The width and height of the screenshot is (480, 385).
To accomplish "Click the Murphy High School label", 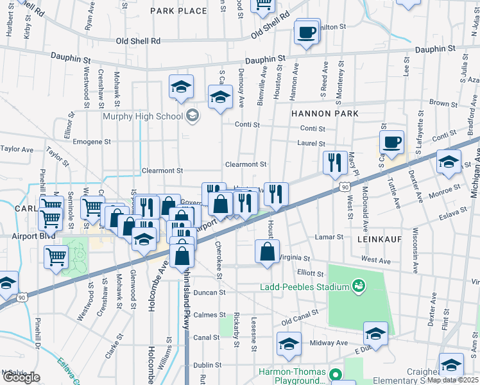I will (x=142, y=116).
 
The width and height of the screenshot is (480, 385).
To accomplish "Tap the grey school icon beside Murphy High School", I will (x=192, y=116).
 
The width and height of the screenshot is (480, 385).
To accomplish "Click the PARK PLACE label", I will (x=178, y=11).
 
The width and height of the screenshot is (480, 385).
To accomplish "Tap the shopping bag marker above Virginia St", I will (x=267, y=252).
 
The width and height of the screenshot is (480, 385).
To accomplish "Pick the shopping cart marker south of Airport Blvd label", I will (x=56, y=257).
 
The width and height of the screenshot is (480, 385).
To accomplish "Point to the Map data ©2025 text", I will (x=452, y=380).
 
